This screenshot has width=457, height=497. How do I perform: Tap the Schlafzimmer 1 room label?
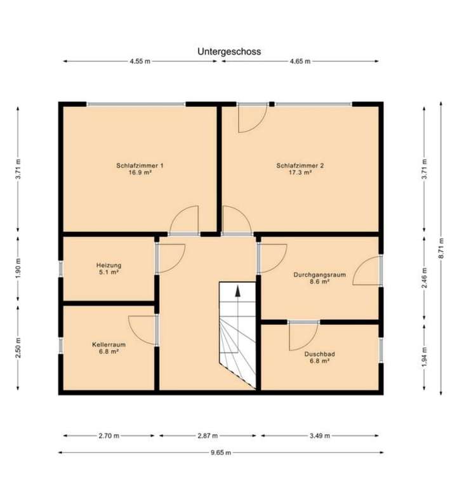(140, 165)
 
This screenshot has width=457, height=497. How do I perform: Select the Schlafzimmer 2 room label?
(300, 165)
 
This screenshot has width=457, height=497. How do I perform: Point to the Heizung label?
(109, 265)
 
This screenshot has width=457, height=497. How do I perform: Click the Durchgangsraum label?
(319, 275)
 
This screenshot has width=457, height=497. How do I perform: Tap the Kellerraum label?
(109, 344)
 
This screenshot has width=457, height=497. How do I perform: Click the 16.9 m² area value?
(140, 172)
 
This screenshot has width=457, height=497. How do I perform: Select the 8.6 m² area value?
(319, 282)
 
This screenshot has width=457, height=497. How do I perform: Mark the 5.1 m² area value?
(109, 272)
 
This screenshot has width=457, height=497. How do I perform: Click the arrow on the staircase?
(238, 292)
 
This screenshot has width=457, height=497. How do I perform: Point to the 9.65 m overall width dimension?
(220, 453)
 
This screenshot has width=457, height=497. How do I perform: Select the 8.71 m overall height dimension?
(442, 248)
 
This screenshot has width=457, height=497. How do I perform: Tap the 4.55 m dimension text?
(140, 62)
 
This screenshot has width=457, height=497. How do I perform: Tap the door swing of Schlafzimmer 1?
(185, 221)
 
